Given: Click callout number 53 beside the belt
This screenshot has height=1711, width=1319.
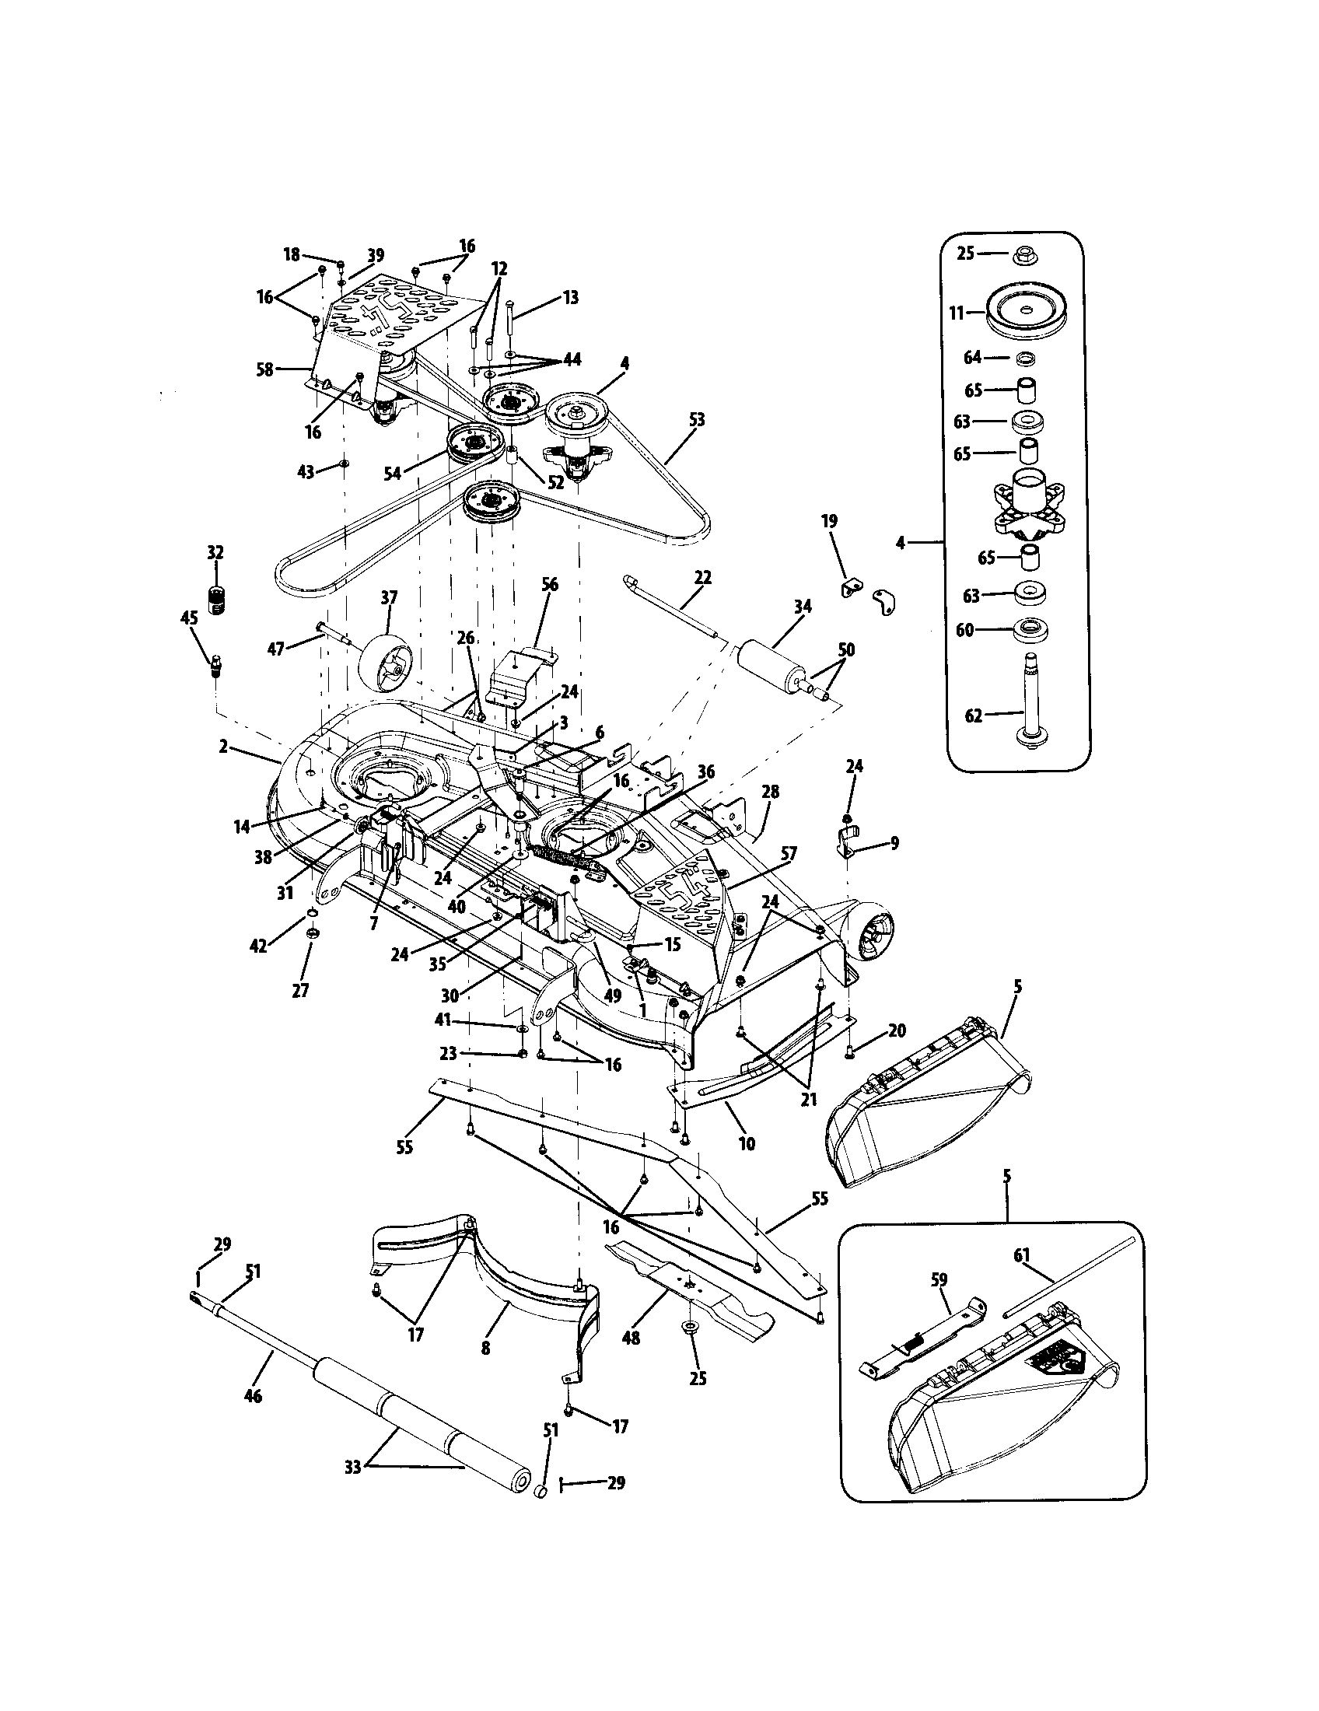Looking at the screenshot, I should tap(696, 420).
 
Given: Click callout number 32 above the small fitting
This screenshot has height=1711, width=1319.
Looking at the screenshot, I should tap(215, 552).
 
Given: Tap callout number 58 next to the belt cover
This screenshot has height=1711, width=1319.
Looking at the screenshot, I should tap(265, 369).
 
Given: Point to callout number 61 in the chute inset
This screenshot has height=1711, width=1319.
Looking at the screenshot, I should tap(1021, 1279).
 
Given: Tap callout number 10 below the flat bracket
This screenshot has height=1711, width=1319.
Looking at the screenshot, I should tap(747, 1143).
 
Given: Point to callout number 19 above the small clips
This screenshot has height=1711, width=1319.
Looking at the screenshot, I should tap(830, 521).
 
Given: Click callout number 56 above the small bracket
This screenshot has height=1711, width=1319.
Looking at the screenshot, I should tap(551, 583).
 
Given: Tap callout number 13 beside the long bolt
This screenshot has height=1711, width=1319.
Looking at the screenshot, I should tap(571, 298).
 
